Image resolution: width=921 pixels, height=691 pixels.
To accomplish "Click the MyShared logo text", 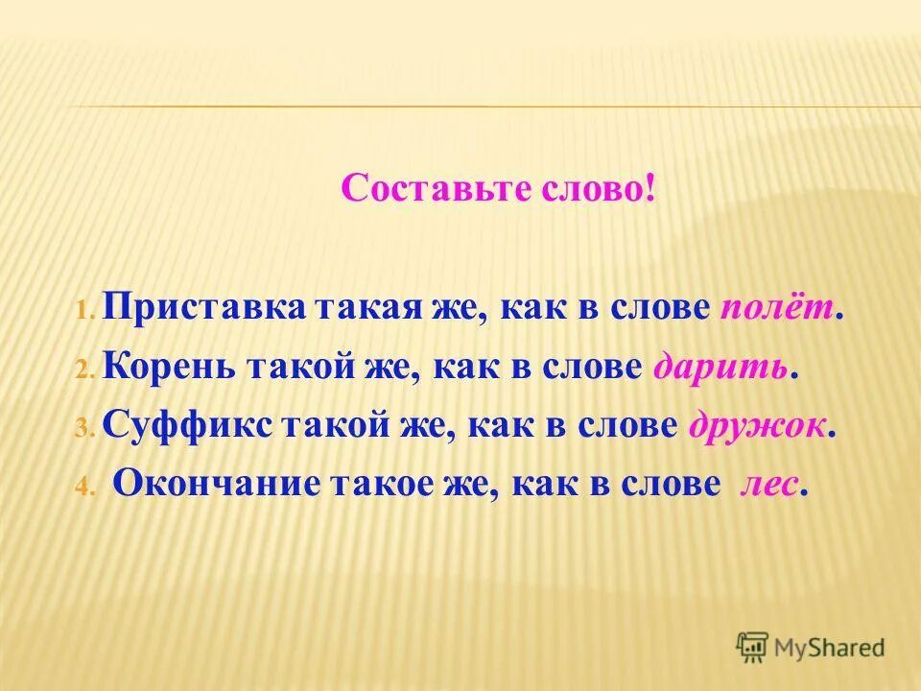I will point(830,647).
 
